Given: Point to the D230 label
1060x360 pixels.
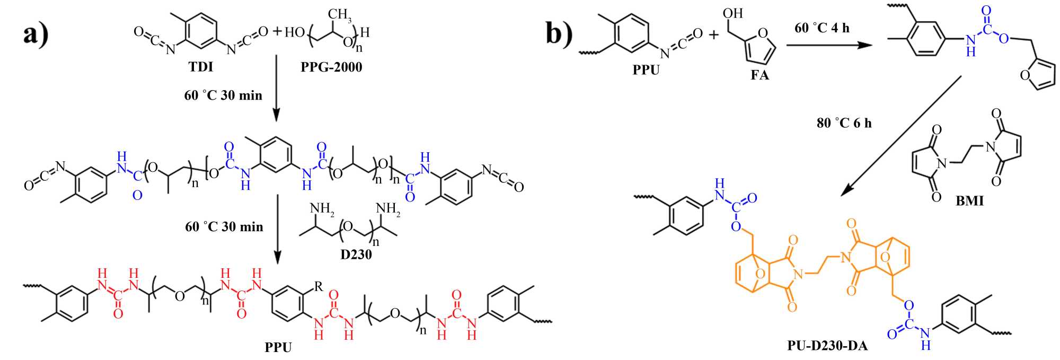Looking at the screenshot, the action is click(x=356, y=254).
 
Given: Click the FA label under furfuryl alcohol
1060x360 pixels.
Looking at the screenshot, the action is click(x=759, y=75).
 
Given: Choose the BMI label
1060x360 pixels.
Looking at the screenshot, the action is click(x=969, y=201).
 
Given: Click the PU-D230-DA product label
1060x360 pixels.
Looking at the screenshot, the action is click(x=827, y=346).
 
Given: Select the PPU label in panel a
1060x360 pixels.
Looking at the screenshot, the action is click(x=278, y=348).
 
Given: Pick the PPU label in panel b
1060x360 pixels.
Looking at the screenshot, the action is click(x=646, y=70).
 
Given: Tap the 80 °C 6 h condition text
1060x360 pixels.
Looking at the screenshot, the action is click(x=844, y=123).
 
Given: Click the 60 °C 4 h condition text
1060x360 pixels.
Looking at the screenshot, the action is click(x=821, y=28).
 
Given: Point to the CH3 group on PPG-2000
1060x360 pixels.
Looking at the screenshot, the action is click(x=340, y=14).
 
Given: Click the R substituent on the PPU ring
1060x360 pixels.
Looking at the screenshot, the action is click(x=318, y=287).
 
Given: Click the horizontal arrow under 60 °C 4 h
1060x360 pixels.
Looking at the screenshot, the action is click(x=829, y=45).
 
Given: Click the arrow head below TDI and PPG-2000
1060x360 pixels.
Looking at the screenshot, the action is click(x=277, y=115).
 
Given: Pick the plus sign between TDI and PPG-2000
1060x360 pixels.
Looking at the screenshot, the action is click(x=277, y=32).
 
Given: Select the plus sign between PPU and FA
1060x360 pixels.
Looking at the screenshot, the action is click(x=713, y=35).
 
